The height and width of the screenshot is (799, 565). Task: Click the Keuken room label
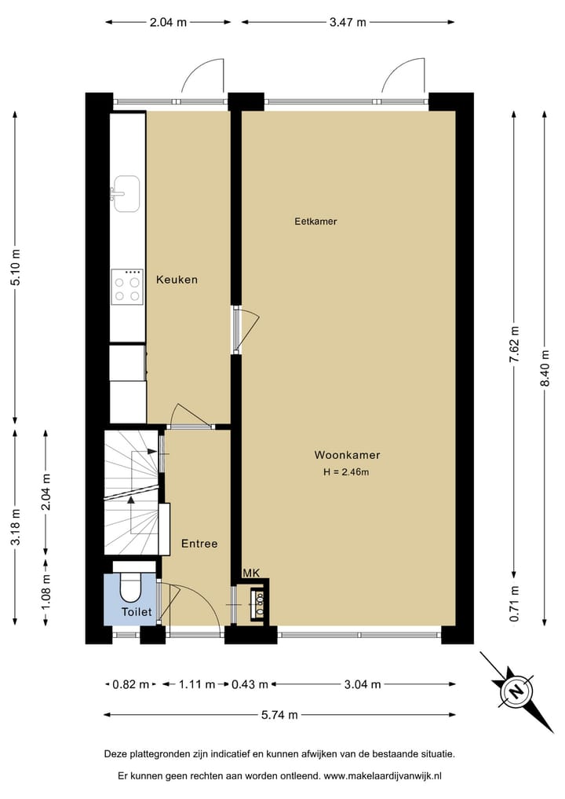pos(177,279)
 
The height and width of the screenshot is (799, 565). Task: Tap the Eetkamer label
pos(315,221)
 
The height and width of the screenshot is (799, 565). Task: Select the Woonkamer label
pos(347,455)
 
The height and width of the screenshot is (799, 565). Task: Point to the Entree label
pos(199,544)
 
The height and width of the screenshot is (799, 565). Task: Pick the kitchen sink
pos(126,193)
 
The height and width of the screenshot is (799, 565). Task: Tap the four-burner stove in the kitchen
pos(127,287)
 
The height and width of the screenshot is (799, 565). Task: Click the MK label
pos(251,574)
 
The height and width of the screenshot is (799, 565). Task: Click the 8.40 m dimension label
pos(545,368)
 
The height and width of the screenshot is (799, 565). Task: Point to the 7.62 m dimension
pos(514,344)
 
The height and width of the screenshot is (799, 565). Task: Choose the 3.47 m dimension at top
pos(348,22)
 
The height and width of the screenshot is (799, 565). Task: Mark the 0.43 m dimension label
pos(250,684)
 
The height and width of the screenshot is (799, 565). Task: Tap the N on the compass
pos(516,691)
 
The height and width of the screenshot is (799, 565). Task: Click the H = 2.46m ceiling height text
pos(346,472)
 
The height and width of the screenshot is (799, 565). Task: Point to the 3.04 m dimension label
pos(363,684)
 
